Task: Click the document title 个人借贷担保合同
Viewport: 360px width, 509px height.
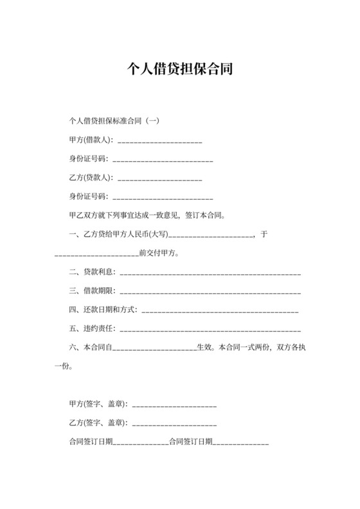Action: [179, 69]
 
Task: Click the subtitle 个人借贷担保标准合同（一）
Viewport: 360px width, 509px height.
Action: [109, 121]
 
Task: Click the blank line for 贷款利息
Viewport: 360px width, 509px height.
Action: [210, 273]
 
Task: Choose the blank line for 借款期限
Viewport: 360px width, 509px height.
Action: [210, 292]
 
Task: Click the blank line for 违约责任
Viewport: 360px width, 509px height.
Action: [210, 330]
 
